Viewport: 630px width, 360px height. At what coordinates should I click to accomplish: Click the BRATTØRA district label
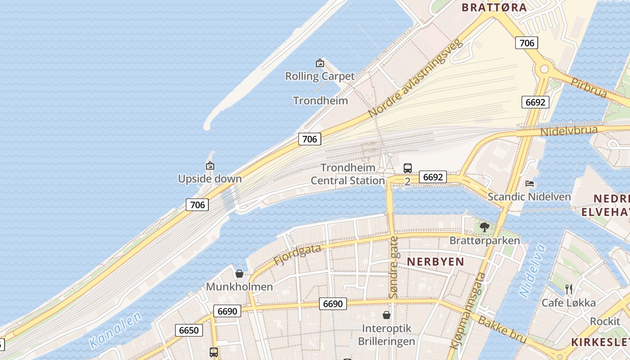coord(494,7)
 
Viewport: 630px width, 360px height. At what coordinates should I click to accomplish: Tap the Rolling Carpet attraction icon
coord(320,63)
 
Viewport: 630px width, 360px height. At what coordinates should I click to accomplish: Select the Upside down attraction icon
coord(210,166)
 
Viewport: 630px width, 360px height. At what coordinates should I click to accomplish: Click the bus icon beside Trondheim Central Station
coord(408,168)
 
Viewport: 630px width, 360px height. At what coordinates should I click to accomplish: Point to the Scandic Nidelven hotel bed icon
coord(530,183)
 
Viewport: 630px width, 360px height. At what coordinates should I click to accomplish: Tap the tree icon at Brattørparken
coord(484,227)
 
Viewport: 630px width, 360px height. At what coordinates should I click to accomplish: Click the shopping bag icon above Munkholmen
coord(239,273)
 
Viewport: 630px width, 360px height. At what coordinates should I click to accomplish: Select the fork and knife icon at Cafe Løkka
coord(569,288)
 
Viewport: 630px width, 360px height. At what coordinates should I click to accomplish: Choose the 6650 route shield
coord(189,330)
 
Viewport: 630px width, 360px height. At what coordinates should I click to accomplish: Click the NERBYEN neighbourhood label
coord(435,261)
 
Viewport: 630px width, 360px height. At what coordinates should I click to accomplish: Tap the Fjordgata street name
coord(297,254)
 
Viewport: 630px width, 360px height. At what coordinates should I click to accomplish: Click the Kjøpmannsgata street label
coord(468,310)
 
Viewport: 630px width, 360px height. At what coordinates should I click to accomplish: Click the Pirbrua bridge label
coord(589,87)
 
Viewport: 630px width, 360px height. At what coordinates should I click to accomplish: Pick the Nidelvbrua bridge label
coord(569,131)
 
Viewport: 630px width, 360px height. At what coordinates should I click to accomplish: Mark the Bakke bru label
coord(502,329)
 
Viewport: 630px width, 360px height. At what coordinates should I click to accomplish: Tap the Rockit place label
coord(605,321)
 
